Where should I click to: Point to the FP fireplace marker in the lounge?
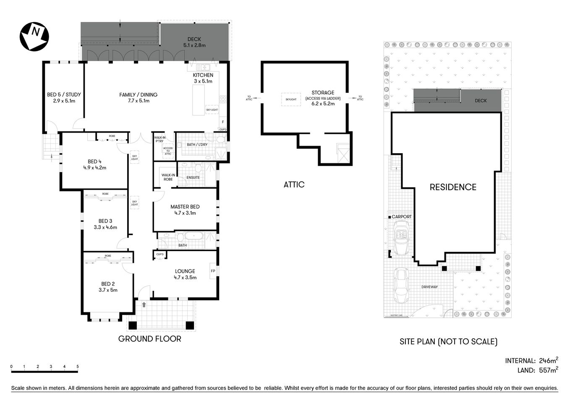pyautogui.click(x=213, y=271)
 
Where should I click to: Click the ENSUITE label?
pyautogui.click(x=193, y=178)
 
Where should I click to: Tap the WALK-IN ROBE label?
pyautogui.click(x=168, y=177)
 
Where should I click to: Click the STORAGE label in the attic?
pyautogui.click(x=323, y=93)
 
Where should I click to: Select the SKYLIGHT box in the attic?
pyautogui.click(x=291, y=99)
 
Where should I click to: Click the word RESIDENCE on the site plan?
pyautogui.click(x=453, y=187)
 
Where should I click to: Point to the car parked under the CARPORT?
pyautogui.click(x=401, y=238)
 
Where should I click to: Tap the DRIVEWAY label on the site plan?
pyautogui.click(x=429, y=287)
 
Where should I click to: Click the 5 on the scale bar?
pyautogui.click(x=78, y=366)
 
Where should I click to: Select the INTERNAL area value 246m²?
pyautogui.click(x=548, y=361)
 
